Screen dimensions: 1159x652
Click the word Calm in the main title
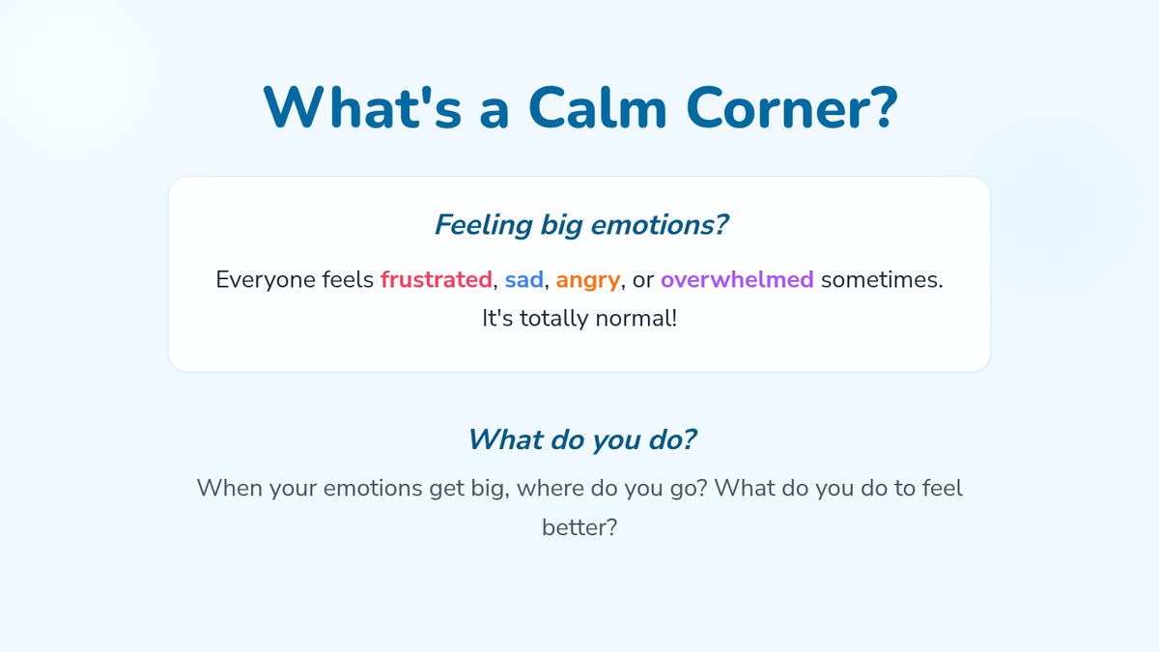[598, 107]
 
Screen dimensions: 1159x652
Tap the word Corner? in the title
[792, 107]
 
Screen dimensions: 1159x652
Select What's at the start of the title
[362, 107]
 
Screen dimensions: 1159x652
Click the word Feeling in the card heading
[483, 225]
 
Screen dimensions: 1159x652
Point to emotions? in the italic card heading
[660, 225]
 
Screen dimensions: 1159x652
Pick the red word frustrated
[437, 279]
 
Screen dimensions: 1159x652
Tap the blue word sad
[524, 279]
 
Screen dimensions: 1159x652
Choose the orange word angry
[588, 281]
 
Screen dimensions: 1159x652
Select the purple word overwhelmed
[737, 279]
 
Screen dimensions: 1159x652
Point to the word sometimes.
[882, 279]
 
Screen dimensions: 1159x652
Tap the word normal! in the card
[636, 318]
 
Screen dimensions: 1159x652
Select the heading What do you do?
[582, 439]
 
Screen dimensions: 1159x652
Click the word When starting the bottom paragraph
[230, 488]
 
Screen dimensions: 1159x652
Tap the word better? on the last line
[579, 527]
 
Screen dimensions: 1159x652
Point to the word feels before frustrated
[348, 279]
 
